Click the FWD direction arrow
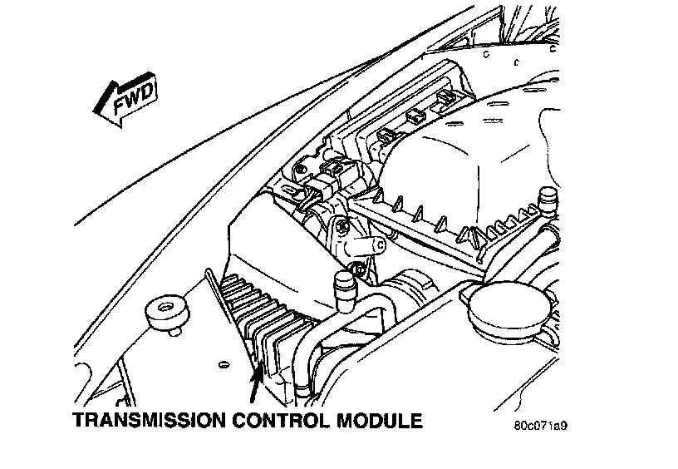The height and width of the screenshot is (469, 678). click(125, 100)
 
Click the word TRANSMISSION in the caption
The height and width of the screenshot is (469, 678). click(149, 421)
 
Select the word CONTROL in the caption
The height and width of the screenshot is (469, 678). click(281, 421)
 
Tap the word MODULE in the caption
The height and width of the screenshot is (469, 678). click(379, 421)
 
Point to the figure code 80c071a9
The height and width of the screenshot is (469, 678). click(540, 426)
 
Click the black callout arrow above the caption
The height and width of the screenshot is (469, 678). click(256, 384)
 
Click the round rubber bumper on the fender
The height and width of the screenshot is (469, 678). click(166, 313)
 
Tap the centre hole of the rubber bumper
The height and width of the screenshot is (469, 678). click(165, 308)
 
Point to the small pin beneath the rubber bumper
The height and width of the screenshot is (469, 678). click(174, 332)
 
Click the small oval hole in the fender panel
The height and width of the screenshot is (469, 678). click(224, 364)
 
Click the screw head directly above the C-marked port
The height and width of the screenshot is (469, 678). click(343, 225)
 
